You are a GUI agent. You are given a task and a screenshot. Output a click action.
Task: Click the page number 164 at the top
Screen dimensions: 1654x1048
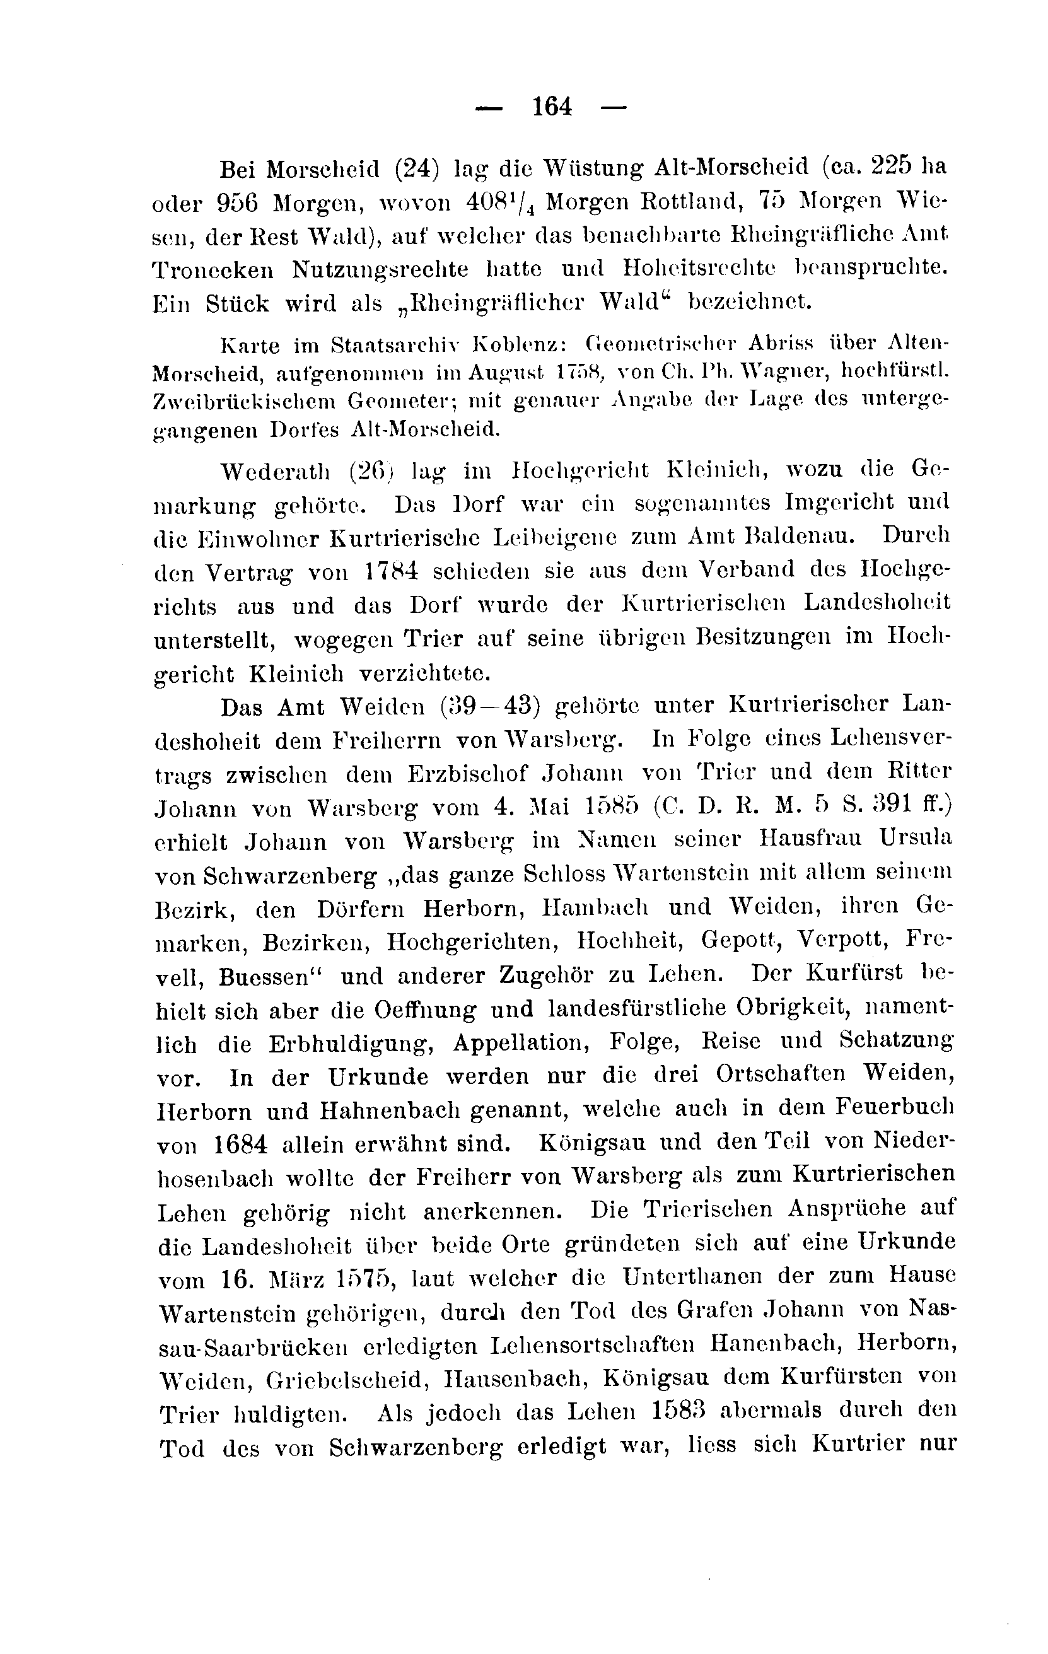[552, 107]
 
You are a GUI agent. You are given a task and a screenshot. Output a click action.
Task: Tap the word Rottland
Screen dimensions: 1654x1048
[692, 202]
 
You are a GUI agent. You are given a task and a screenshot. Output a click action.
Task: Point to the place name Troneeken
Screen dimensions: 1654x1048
[213, 270]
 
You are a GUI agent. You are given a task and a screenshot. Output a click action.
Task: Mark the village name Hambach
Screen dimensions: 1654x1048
[595, 908]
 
